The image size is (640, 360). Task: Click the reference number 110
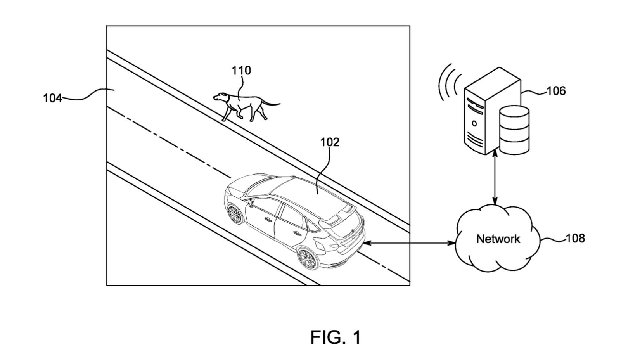241,71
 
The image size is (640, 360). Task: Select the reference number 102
329,142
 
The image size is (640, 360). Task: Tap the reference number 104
52,98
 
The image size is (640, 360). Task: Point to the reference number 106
556,91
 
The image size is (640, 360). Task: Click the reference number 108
575,238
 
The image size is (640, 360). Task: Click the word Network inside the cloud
498,239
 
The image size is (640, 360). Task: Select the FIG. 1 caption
335,337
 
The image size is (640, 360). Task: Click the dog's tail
272,104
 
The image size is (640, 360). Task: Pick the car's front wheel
235,215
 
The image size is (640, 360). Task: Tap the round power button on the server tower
474,123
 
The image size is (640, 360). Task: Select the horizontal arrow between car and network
409,243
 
